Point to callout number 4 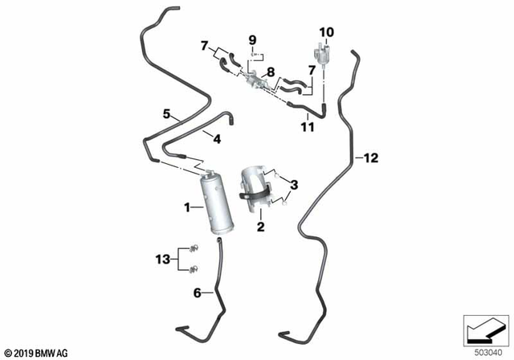pos(216,138)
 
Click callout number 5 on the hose pos(166,114)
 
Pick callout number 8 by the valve pos(271,72)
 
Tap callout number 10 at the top pos(326,32)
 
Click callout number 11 pos(306,127)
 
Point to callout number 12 pos(370,158)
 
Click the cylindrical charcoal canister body pos(219,203)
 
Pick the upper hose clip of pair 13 pos(194,249)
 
